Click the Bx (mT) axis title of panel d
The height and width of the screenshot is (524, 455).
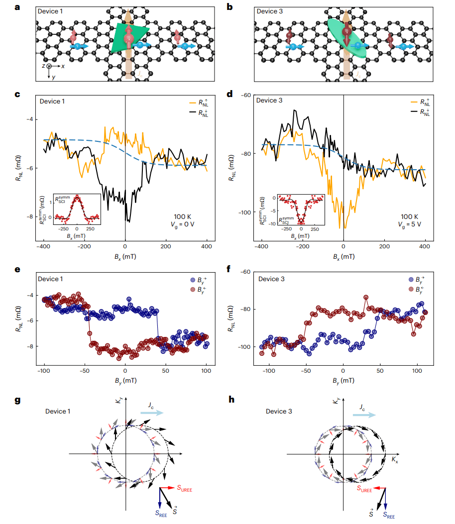(x=343, y=258)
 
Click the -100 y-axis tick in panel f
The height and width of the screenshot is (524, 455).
(x=245, y=346)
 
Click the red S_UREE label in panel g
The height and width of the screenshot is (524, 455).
(x=183, y=489)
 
